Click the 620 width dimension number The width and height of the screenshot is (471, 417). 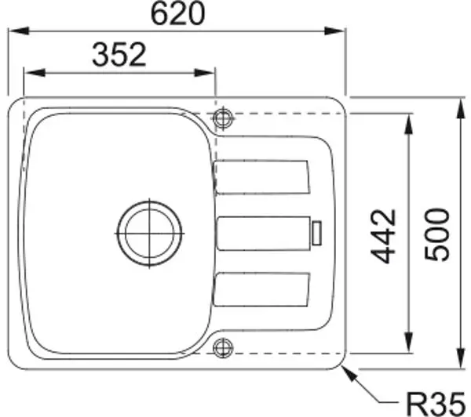(178, 13)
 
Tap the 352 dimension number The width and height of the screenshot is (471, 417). (119, 55)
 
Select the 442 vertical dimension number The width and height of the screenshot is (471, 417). (383, 236)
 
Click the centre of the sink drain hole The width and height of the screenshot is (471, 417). (149, 234)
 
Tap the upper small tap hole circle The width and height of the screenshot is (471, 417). (223, 118)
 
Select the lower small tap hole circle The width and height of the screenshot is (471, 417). (223, 348)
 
